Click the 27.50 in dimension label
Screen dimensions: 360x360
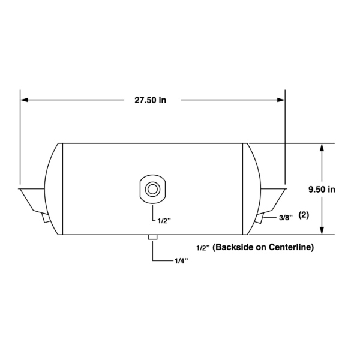click(x=150, y=100)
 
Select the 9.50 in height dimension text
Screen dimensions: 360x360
click(x=322, y=190)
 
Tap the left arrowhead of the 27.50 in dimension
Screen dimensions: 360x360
click(x=24, y=100)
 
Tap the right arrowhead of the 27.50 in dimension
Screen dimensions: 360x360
click(x=281, y=100)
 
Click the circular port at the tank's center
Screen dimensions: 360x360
click(x=152, y=190)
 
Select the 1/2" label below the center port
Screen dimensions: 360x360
click(x=164, y=221)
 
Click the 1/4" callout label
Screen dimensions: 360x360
click(x=181, y=261)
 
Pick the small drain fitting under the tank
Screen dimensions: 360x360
click(x=152, y=237)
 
